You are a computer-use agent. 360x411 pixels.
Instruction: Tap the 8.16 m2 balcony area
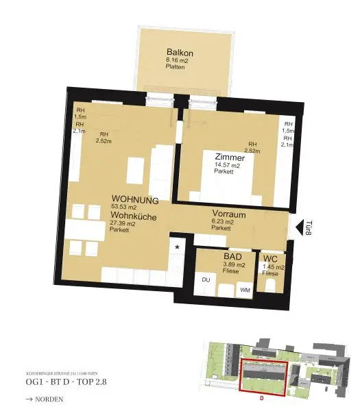click(x=176, y=60)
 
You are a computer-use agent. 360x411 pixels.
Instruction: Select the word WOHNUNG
click(x=135, y=200)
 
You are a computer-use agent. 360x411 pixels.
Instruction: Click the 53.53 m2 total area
click(x=125, y=208)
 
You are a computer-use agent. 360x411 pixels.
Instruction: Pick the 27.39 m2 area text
click(x=123, y=224)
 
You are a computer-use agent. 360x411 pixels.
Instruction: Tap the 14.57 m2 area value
click(x=226, y=166)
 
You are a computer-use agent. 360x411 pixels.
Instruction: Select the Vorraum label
click(x=229, y=213)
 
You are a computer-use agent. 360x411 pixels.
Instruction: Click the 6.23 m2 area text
click(x=223, y=221)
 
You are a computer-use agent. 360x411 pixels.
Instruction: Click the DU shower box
click(x=206, y=280)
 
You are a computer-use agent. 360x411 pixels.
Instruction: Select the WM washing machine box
click(x=245, y=290)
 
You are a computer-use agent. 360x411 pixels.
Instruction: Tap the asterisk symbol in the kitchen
click(x=178, y=247)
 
